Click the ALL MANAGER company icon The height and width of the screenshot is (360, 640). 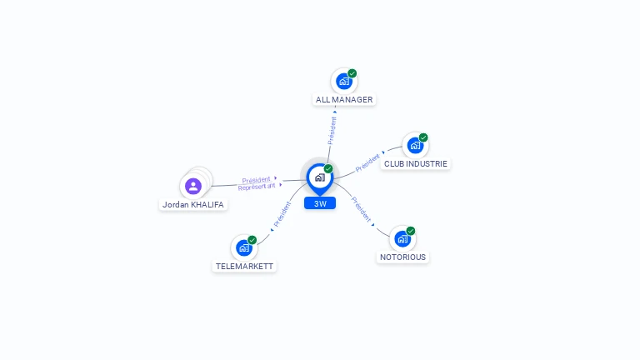[343, 81]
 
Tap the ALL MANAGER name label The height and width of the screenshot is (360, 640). [344, 100]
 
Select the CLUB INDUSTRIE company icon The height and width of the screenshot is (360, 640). [414, 145]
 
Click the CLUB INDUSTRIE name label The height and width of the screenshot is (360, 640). [416, 164]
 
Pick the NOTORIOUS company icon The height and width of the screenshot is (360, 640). [402, 238]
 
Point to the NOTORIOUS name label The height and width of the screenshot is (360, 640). [403, 257]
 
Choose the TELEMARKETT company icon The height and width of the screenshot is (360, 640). [243, 247]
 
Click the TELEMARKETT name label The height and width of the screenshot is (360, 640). [244, 267]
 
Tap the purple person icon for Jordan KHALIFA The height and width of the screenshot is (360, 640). [193, 186]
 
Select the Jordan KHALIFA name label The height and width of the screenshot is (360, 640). [193, 205]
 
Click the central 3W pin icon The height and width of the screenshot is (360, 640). [319, 177]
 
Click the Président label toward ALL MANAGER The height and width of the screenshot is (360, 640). [332, 131]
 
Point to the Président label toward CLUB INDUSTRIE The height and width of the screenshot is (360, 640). [367, 162]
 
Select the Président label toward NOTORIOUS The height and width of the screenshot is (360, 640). [361, 209]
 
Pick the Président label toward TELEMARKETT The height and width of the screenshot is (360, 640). [282, 215]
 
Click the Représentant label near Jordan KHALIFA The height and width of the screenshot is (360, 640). [256, 187]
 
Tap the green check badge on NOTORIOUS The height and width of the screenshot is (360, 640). [411, 231]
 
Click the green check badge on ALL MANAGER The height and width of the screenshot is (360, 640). [352, 73]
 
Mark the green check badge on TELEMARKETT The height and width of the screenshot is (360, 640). [252, 240]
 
